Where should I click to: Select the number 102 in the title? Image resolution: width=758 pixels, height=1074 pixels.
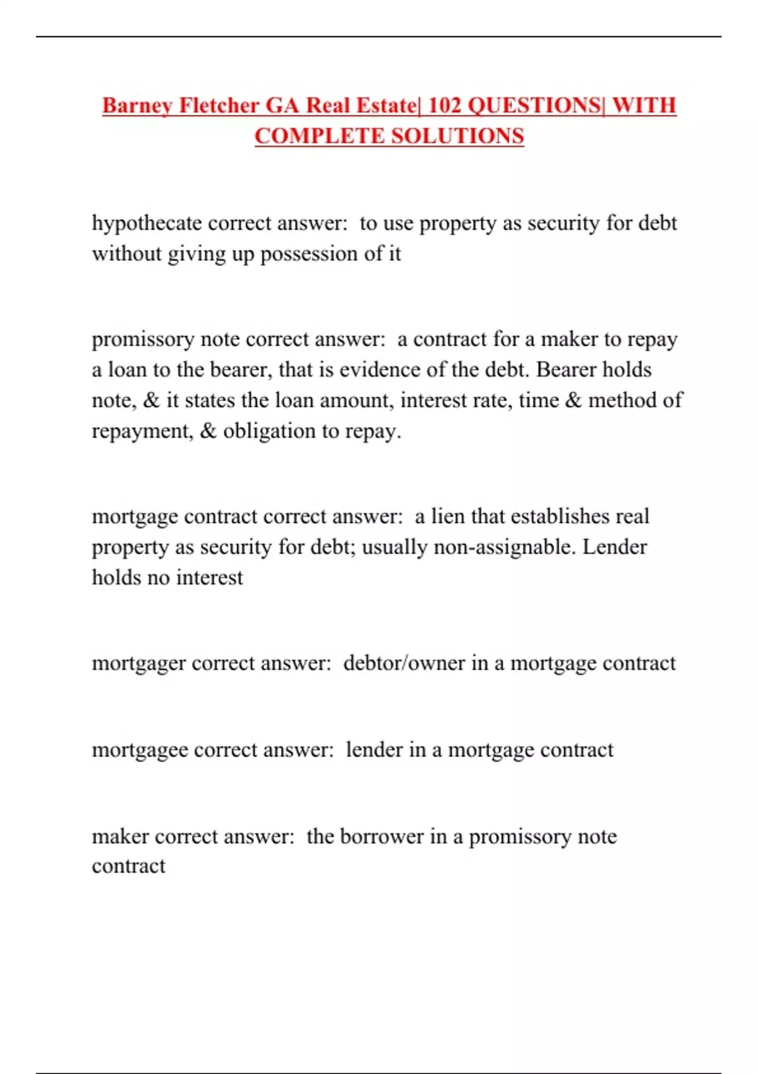click(x=445, y=106)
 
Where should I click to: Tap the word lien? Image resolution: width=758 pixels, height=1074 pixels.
click(x=448, y=516)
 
